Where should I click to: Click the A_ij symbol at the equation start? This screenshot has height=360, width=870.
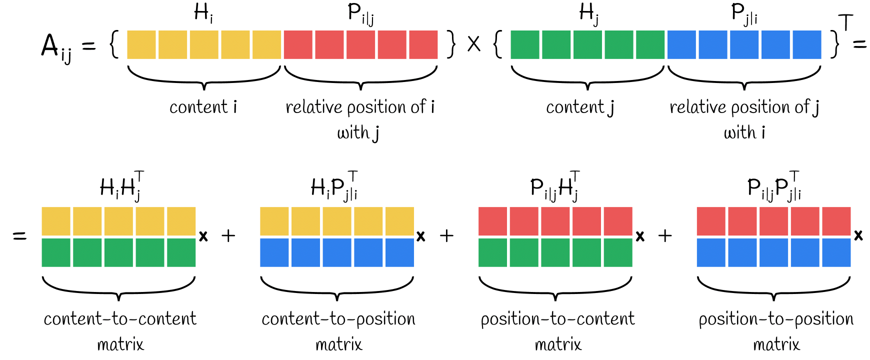[x=55, y=47]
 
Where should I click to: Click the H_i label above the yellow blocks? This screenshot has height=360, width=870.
[x=203, y=13]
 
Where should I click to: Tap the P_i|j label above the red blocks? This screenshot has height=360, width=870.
[x=360, y=13]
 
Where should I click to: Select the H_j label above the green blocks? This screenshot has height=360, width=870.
[x=588, y=13]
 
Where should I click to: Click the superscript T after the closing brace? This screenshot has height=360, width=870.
[x=845, y=22]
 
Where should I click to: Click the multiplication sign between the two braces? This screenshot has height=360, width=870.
[x=474, y=44]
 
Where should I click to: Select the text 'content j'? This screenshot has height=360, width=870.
[x=580, y=107]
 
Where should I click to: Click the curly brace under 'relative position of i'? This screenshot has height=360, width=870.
[x=360, y=77]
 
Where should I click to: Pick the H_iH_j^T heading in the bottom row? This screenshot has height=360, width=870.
[x=122, y=186]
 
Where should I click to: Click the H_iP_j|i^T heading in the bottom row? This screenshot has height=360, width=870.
[x=334, y=186]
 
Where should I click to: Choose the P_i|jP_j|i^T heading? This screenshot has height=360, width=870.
[x=774, y=186]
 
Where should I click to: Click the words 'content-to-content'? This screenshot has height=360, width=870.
[x=120, y=319]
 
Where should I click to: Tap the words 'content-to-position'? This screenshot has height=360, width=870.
[x=338, y=319]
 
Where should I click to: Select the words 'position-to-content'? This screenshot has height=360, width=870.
[x=557, y=319]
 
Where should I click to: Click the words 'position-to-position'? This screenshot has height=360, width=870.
[x=776, y=319]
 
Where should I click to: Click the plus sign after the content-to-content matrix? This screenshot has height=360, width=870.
[x=228, y=235]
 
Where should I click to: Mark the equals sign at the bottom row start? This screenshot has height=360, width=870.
[x=19, y=235]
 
